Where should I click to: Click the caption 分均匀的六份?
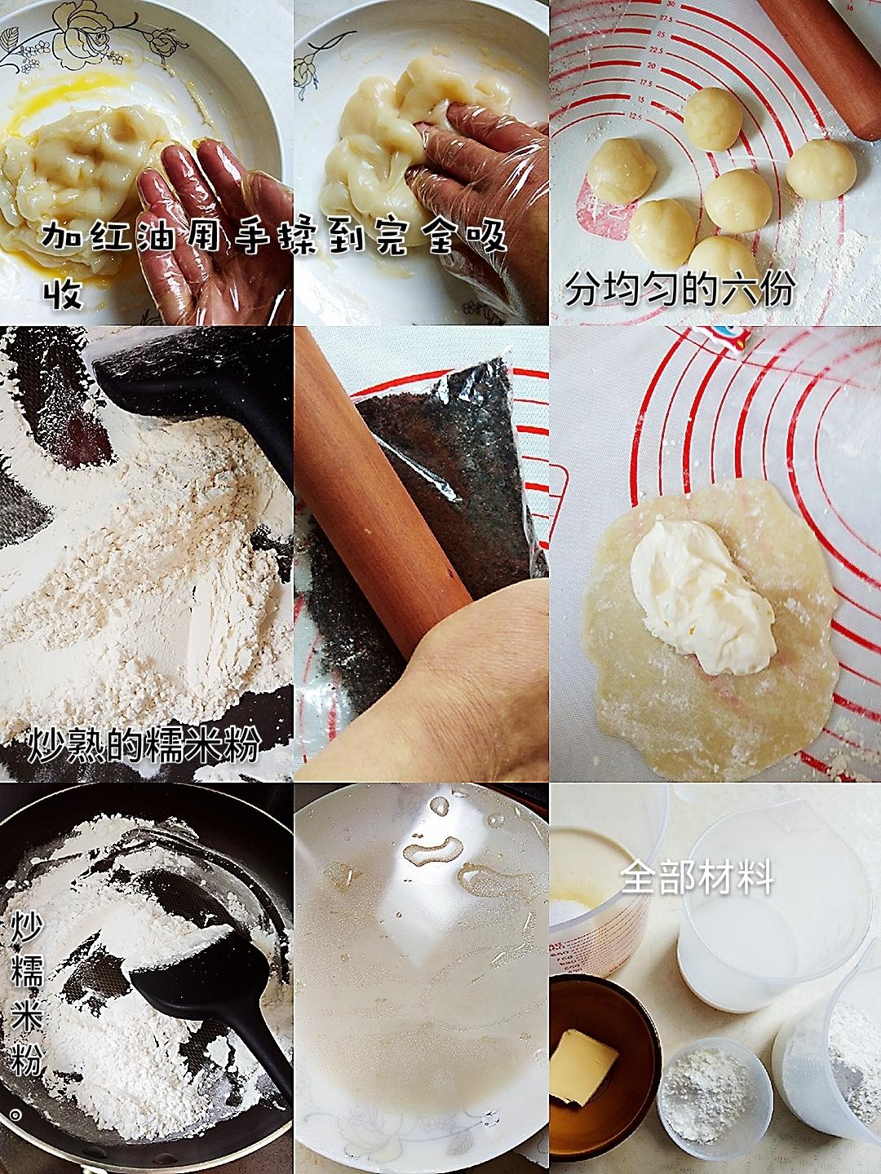[x=680, y=290]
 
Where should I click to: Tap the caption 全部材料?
[x=697, y=876]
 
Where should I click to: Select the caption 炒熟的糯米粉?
[x=144, y=743]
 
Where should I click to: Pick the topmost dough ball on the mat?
[x=714, y=119]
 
